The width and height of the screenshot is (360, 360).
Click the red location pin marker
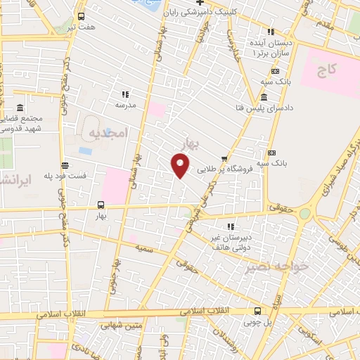pyautogui.click(x=181, y=167)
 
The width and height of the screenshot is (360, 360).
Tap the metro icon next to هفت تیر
pyautogui.click(x=81, y=16)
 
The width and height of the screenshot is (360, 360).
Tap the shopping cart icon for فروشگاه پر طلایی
pyautogui.click(x=224, y=158)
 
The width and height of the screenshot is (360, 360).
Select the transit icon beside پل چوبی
pyautogui.click(x=257, y=310)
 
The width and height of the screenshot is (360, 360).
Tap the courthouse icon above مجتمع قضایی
pyautogui.click(x=19, y=108)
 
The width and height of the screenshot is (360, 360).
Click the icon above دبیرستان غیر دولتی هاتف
pyautogui.click(x=230, y=226)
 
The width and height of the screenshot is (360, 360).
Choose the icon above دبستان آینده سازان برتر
pyautogui.click(x=270, y=31)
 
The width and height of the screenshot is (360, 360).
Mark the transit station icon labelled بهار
pyautogui.click(x=100, y=205)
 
